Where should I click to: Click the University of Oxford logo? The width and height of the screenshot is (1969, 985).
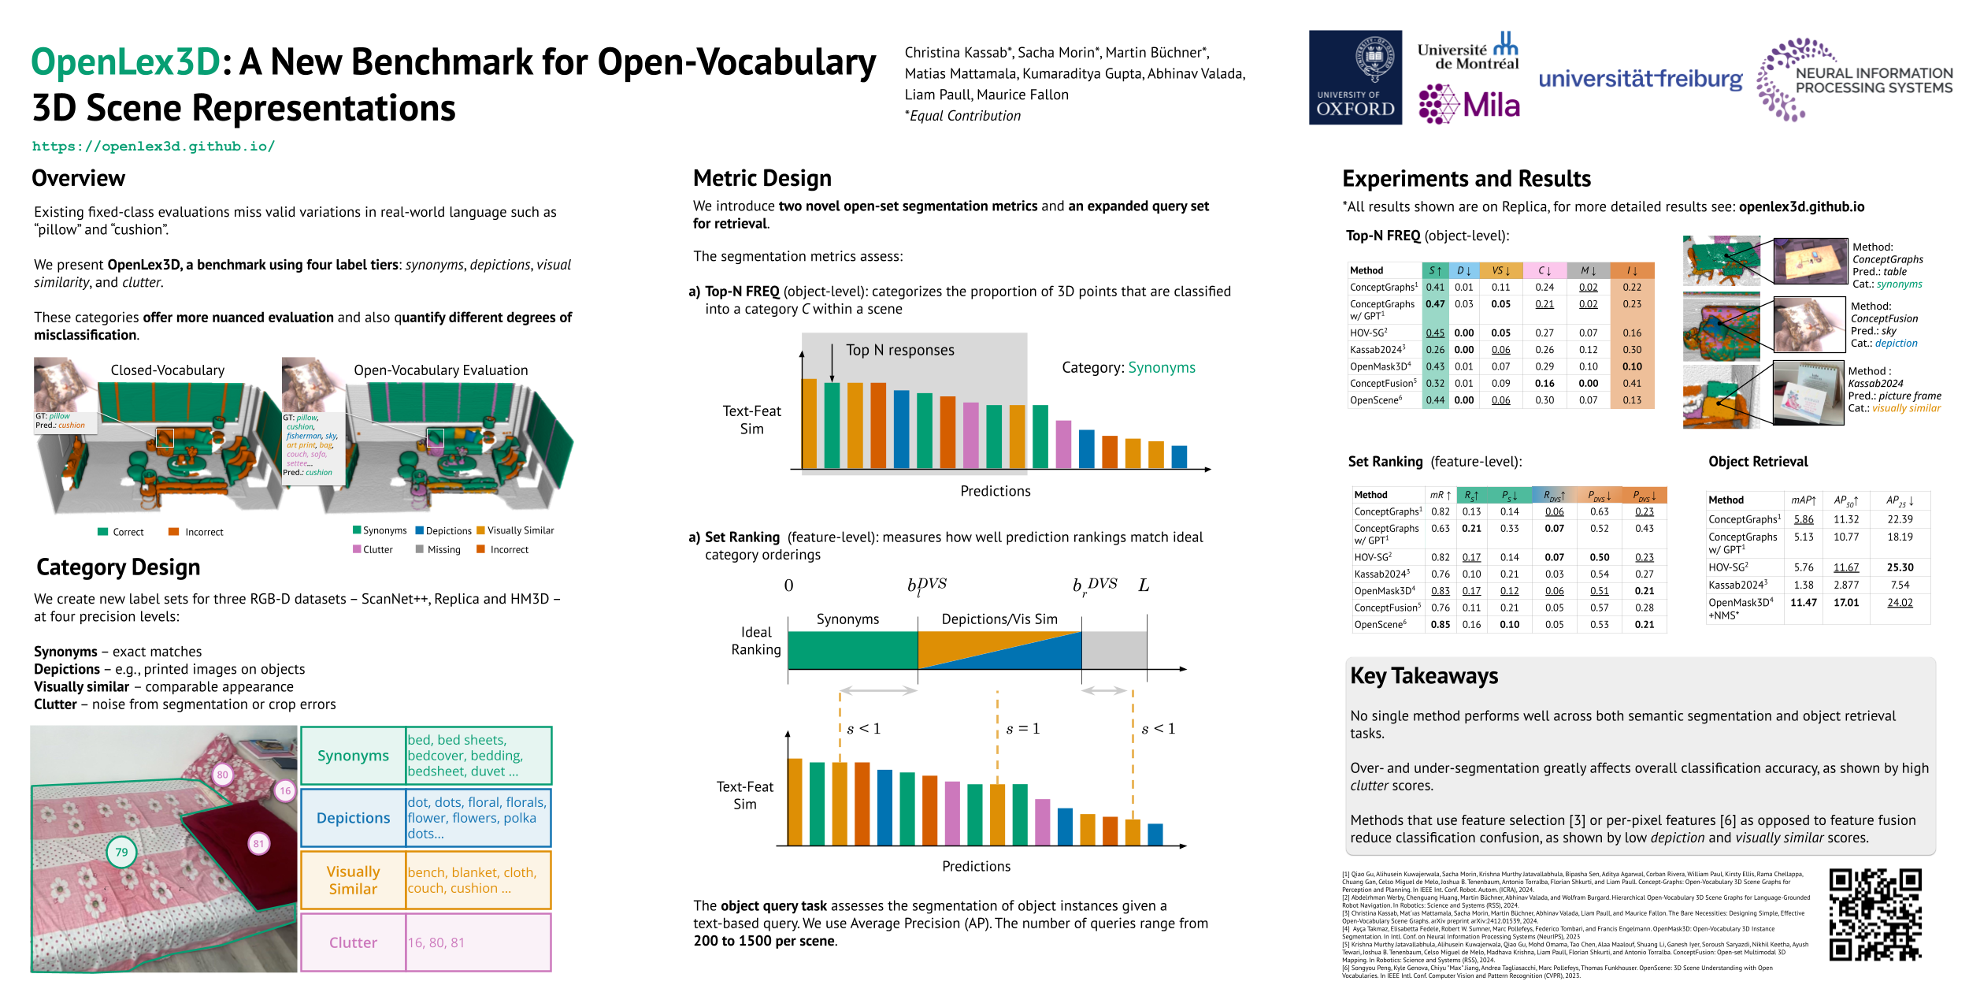(1355, 77)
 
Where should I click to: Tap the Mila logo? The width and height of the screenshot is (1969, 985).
(1469, 105)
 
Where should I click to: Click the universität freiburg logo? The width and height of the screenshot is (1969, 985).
(1640, 79)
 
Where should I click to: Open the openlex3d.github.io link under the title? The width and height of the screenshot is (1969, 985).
(154, 147)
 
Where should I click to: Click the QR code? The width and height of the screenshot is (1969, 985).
(1874, 914)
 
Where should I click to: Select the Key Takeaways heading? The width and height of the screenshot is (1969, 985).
(1424, 676)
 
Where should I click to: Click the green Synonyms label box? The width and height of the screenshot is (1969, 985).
(353, 756)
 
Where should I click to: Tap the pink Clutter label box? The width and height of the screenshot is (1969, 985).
(353, 942)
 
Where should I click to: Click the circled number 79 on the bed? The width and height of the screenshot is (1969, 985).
(121, 852)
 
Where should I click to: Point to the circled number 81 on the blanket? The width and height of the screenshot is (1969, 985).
(258, 844)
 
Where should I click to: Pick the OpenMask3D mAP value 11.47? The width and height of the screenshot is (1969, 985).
(1803, 603)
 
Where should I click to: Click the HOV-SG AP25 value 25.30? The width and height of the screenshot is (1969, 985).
(1900, 567)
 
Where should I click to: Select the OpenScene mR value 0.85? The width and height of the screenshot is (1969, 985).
(1440, 625)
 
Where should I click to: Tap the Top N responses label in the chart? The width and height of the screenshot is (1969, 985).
(899, 350)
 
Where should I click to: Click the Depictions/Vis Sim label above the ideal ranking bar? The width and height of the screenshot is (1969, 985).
(999, 619)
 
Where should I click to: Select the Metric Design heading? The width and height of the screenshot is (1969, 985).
(762, 178)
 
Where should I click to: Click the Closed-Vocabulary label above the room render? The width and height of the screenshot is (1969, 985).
(167, 370)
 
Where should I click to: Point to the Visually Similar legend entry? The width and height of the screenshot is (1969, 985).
(520, 530)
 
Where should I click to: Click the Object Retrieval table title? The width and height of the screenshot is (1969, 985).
(1757, 462)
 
